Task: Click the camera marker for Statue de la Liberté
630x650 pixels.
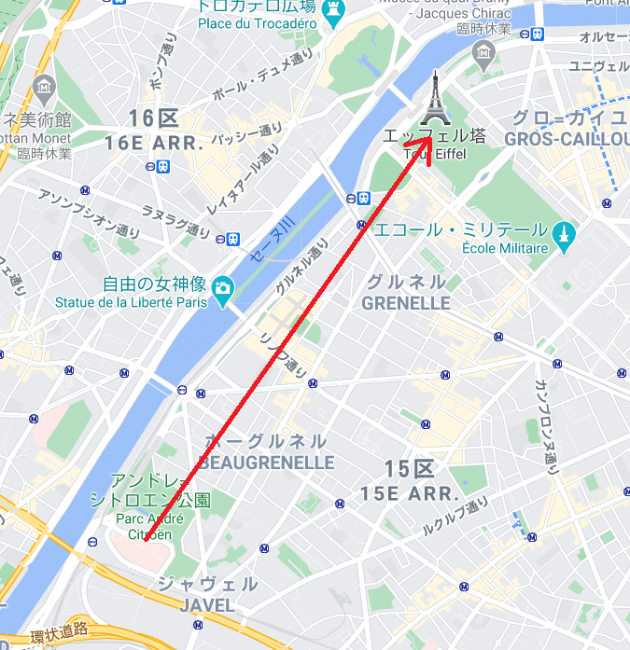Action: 223,286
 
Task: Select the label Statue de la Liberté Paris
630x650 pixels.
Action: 131,302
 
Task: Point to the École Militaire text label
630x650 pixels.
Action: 505,248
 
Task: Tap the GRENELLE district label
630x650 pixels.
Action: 406,303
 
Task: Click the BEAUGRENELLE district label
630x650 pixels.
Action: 266,463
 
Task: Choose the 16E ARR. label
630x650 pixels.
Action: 154,143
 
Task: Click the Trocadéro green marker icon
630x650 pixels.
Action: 333,10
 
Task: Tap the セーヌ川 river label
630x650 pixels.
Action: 272,238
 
